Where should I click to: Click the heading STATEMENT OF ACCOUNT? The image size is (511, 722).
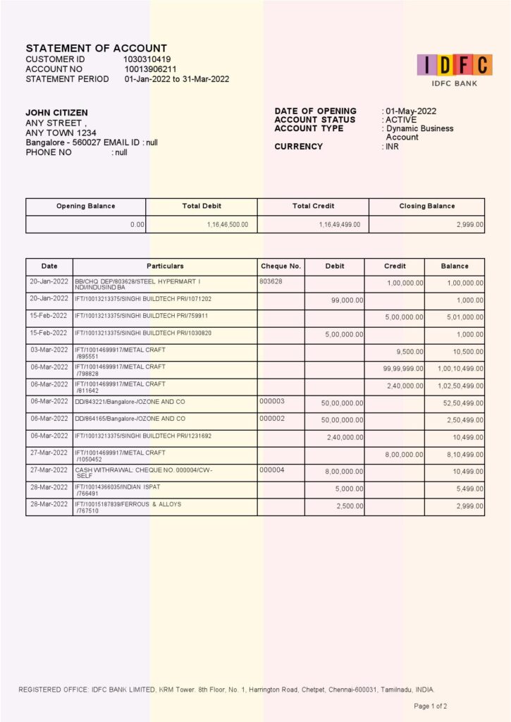click(x=97, y=48)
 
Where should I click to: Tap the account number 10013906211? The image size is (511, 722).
click(x=151, y=69)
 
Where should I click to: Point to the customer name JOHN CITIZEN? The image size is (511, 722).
click(x=57, y=113)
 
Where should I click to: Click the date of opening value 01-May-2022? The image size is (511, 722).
click(x=411, y=111)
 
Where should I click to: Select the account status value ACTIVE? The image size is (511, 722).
click(x=401, y=120)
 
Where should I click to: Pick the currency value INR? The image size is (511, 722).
click(x=392, y=147)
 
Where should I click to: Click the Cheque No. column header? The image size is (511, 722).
click(x=281, y=267)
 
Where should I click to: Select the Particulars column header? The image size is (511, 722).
click(x=165, y=267)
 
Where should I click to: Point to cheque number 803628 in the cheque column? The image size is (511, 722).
click(x=271, y=281)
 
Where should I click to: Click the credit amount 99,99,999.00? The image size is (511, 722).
click(x=403, y=369)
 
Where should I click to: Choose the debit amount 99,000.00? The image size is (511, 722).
click(x=347, y=300)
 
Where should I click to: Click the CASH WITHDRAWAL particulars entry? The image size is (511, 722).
click(x=144, y=472)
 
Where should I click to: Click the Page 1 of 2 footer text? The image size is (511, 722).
click(x=430, y=706)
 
